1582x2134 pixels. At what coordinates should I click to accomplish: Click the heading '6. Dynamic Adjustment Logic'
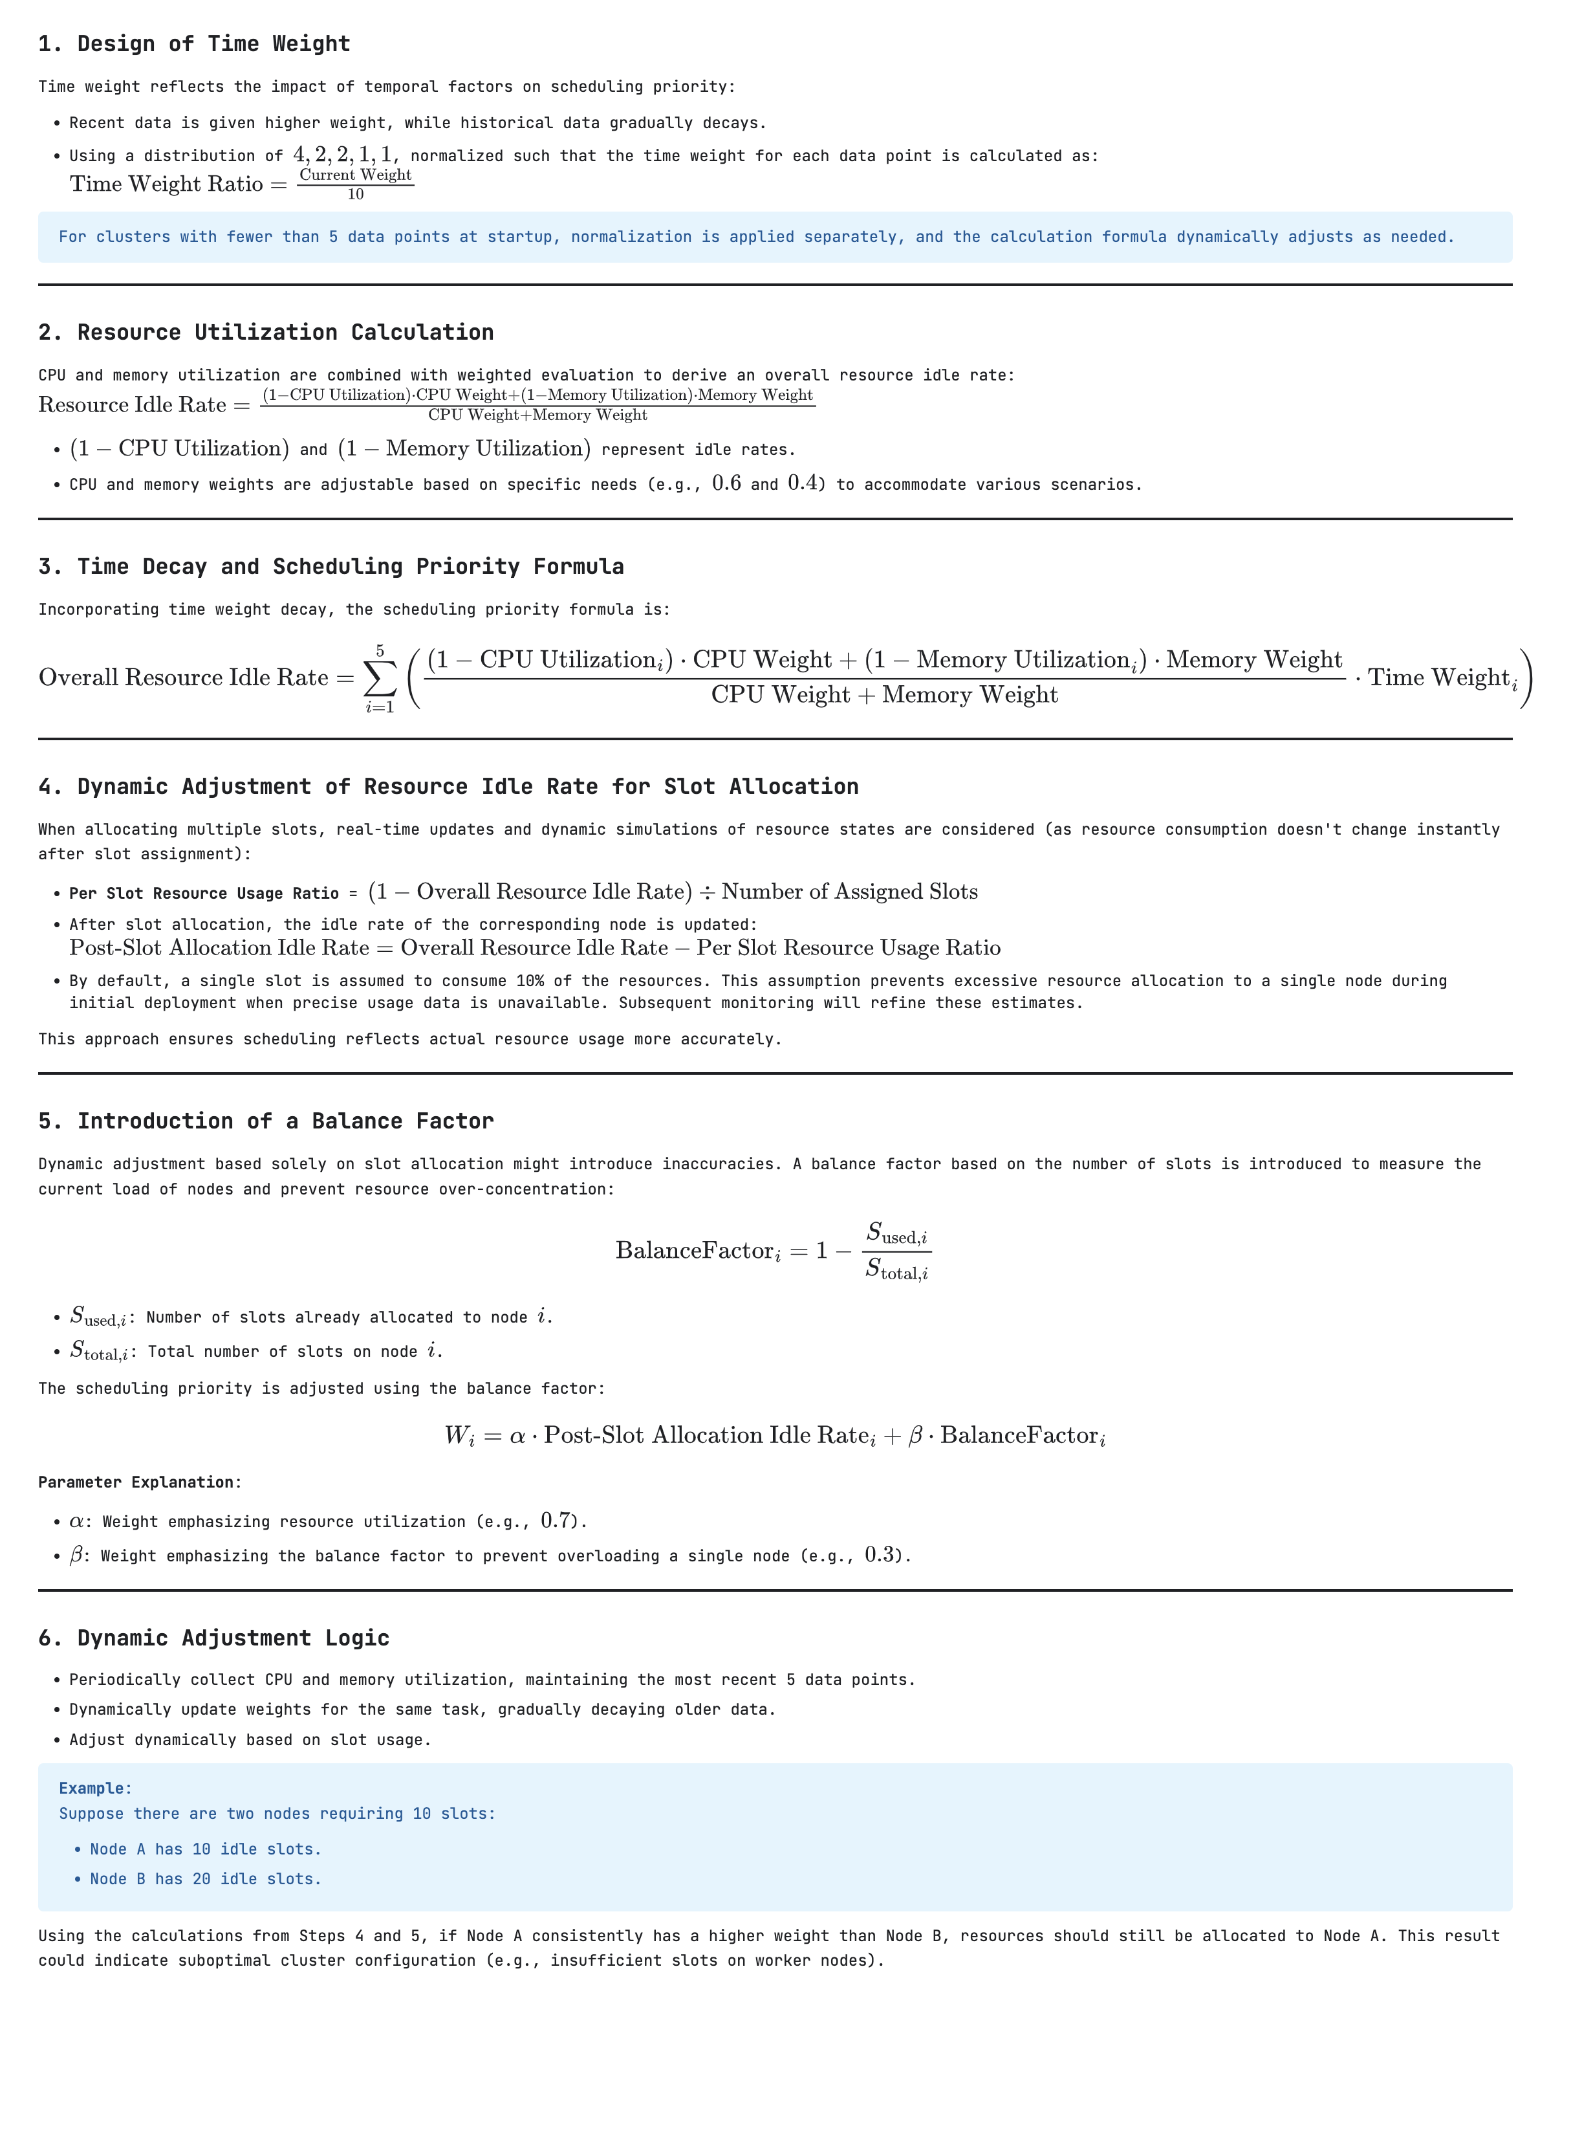(213, 1638)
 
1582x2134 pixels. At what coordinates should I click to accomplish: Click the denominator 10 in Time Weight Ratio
(355, 194)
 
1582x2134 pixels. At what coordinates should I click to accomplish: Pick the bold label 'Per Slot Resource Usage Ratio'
(204, 894)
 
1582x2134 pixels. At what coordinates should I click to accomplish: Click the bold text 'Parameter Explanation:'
(140, 1482)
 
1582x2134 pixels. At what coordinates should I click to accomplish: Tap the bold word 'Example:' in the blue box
(96, 1788)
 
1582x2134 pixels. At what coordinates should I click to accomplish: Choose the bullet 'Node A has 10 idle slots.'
(205, 1849)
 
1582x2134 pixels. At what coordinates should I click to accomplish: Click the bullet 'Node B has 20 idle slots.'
(205, 1879)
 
